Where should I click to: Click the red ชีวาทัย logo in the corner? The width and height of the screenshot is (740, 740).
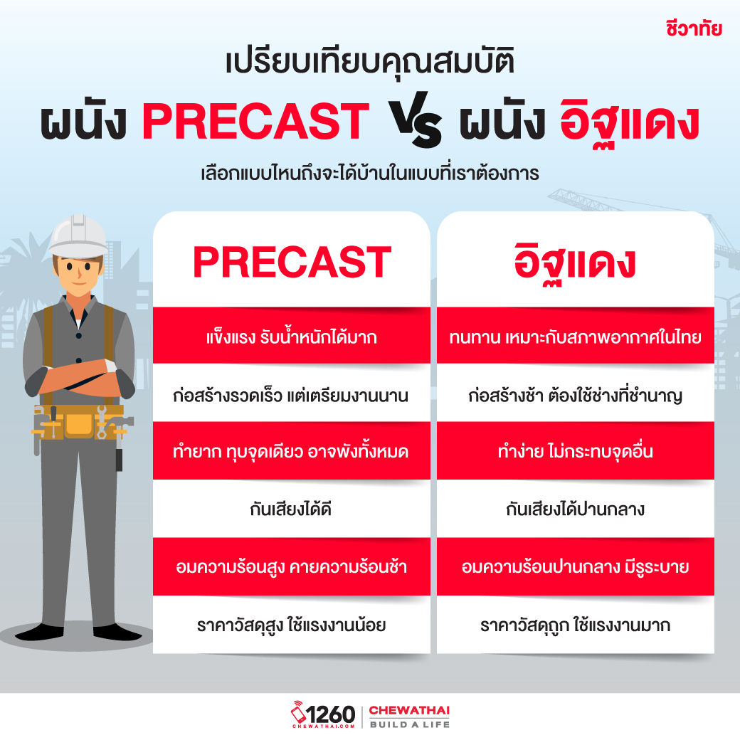[694, 28]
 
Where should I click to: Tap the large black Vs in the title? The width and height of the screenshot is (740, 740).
[416, 120]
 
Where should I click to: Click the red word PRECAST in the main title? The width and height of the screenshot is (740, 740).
[255, 121]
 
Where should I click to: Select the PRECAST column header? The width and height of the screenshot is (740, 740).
[292, 262]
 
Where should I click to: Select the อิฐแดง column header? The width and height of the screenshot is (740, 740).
[575, 263]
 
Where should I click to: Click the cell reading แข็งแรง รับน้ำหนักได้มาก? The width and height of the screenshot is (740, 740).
[292, 336]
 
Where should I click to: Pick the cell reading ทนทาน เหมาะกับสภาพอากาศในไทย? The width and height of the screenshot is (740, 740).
[576, 336]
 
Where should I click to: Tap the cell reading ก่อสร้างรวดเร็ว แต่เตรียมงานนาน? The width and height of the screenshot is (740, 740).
[292, 393]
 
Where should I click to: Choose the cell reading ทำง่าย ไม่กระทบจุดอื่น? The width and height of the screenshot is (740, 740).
[576, 451]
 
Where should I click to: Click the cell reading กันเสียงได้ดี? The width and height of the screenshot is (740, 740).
[292, 509]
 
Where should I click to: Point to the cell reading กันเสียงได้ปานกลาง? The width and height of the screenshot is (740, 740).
[576, 509]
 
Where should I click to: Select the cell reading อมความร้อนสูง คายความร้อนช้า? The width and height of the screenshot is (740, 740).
[292, 566]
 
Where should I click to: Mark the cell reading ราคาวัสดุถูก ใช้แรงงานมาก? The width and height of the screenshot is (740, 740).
[576, 625]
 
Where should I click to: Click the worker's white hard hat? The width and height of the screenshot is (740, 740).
[78, 236]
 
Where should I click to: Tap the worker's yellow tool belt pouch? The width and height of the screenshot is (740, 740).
[78, 424]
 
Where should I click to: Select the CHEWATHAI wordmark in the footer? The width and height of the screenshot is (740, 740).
[409, 710]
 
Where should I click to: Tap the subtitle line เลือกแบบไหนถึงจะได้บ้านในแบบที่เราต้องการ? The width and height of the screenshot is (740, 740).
[370, 174]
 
